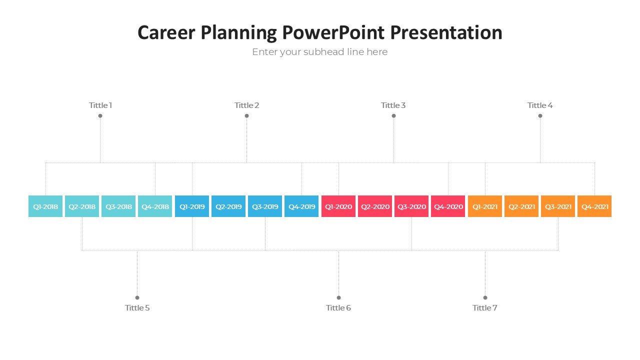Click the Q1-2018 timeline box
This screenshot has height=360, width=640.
45,206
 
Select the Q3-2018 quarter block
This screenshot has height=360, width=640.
118,206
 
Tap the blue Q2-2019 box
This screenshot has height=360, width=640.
228,206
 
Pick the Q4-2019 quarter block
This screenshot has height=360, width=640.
301,206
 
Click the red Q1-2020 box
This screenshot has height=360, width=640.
338,206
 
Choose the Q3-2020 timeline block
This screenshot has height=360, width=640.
411,206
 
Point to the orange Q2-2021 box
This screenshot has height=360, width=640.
521,206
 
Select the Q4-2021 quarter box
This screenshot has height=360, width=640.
594,206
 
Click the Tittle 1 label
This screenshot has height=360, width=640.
100,105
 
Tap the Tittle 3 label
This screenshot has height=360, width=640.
393,105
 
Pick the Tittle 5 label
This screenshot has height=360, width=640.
137,307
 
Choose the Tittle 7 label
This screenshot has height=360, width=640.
485,307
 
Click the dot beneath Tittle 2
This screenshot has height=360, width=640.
247,115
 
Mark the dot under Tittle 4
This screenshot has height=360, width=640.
540,115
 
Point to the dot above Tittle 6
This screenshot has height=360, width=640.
339,297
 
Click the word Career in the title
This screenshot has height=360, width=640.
166,32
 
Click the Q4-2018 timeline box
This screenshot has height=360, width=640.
155,206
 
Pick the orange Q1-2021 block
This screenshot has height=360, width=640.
485,206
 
